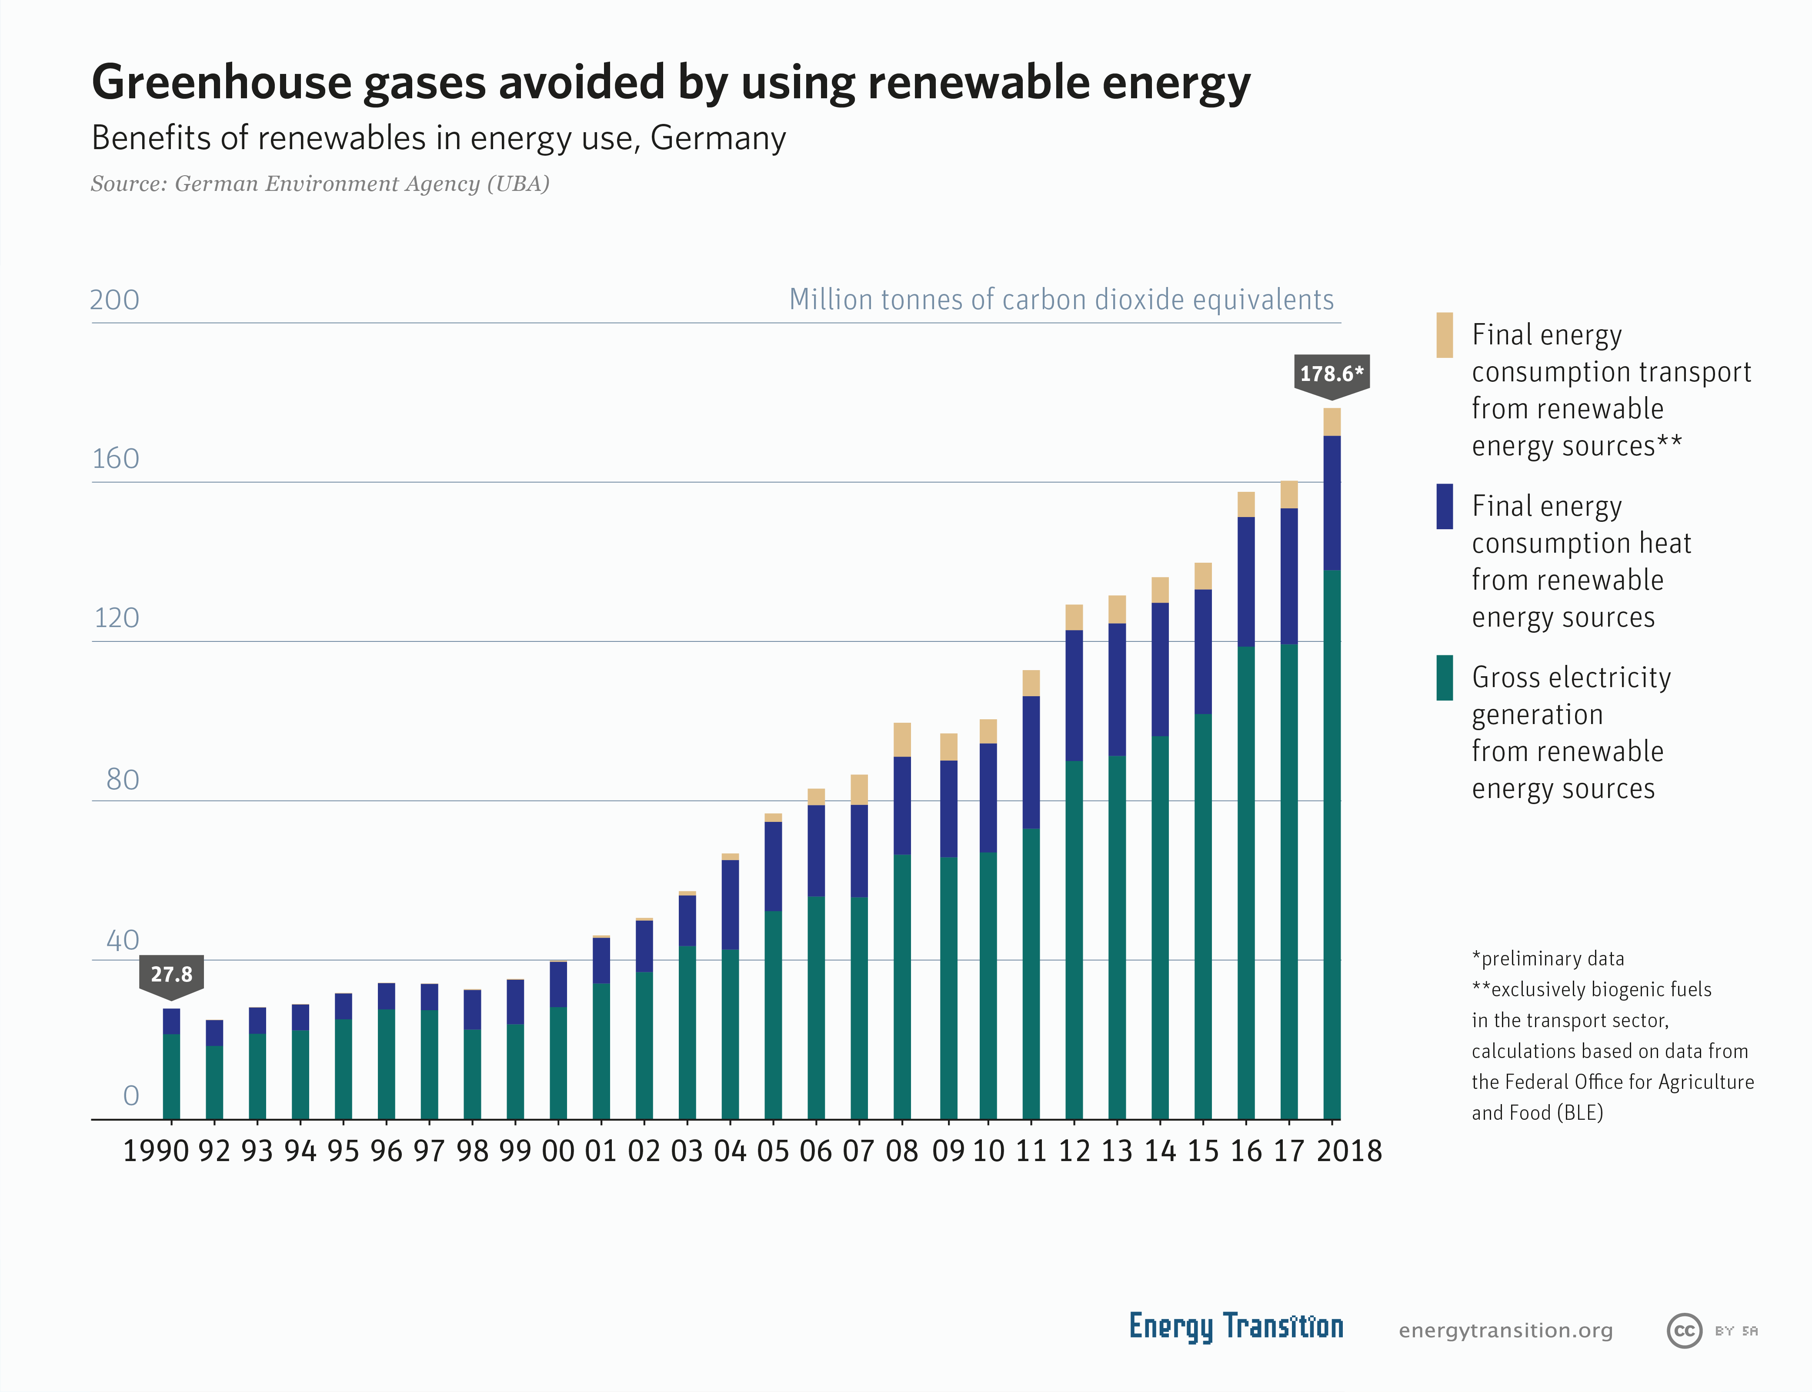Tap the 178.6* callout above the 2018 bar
coord(1331,374)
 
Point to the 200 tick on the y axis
coord(114,300)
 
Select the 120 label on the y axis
coord(116,618)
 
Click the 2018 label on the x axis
coord(1349,1151)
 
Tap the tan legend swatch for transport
coord(1444,335)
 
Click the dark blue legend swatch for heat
coord(1444,506)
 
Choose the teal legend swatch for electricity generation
coord(1444,678)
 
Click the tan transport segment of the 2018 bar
coord(1331,422)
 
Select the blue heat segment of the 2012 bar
coord(1074,695)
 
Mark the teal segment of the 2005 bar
coord(773,1015)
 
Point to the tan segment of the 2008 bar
coord(902,739)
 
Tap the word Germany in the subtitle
coord(717,138)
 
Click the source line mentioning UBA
coord(320,184)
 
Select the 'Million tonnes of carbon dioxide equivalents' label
coord(1061,300)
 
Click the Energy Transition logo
coord(1235,1326)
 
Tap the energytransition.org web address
coord(1505,1331)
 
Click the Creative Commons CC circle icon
coord(1684,1331)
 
